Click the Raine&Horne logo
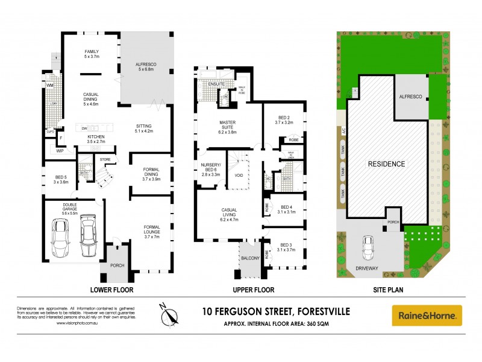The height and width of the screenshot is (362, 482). pos(427,315)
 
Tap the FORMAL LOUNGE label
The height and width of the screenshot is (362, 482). pos(152,230)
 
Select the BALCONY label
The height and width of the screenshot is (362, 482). pos(250,258)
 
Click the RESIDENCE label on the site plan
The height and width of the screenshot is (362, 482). pos(387,164)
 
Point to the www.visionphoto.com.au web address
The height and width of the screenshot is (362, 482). pos(79,322)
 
